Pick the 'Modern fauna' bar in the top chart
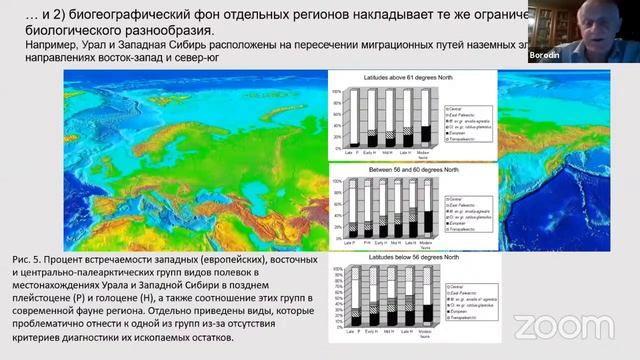pos(426,132)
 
